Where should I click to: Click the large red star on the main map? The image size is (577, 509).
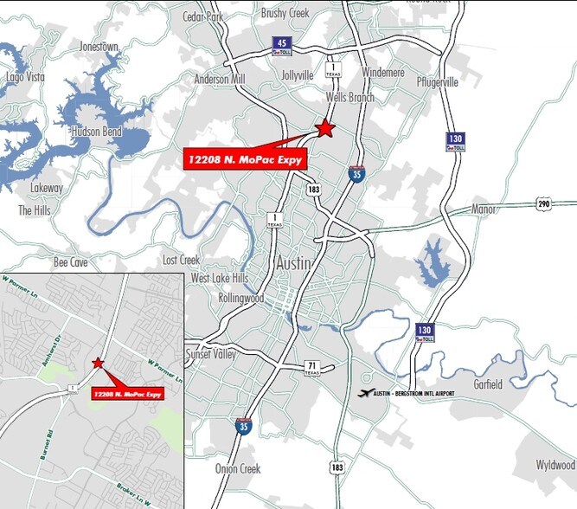(324, 128)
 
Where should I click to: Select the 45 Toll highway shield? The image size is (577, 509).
(281, 46)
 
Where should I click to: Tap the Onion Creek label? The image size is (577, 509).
(238, 468)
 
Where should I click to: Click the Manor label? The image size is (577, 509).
(483, 209)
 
